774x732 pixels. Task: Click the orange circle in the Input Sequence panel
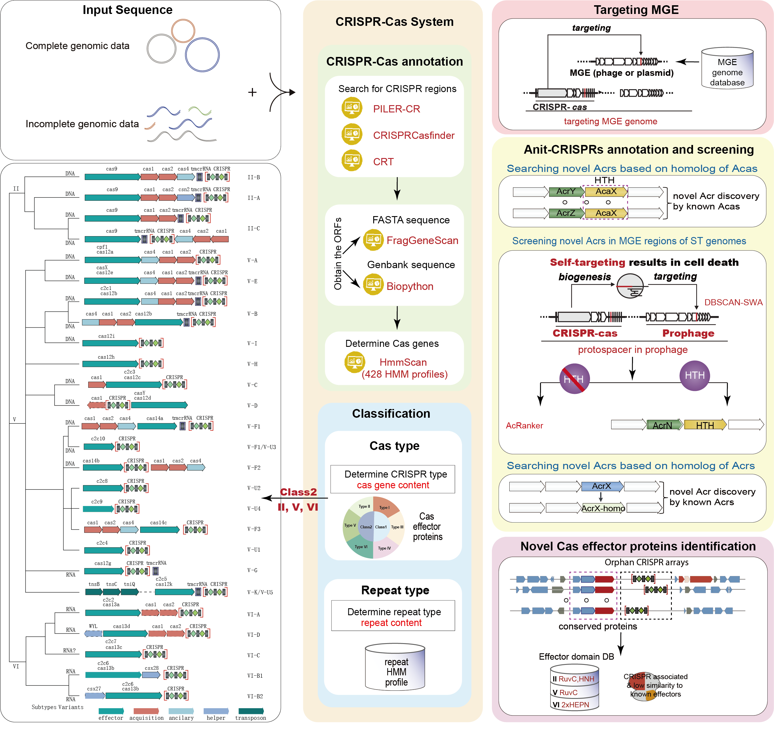(x=183, y=31)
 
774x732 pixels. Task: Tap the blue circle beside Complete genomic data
(x=202, y=55)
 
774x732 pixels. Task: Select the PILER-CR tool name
(x=396, y=109)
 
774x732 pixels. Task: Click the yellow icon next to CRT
(x=352, y=160)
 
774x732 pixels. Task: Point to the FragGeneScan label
(x=422, y=240)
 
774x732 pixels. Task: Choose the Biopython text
(x=409, y=286)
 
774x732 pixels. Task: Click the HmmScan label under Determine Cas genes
(x=403, y=363)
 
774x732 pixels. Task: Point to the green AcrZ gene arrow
(x=566, y=213)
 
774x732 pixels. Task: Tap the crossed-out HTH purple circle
(x=574, y=378)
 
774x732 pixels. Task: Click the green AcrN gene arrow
(x=664, y=425)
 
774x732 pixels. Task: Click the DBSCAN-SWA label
(x=733, y=302)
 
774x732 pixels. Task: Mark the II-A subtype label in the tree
(x=253, y=198)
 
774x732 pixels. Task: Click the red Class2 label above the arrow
(x=298, y=492)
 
